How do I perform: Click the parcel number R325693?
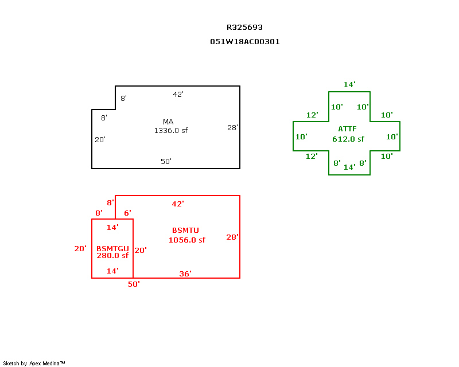[245, 27]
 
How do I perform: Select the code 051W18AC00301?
[245, 42]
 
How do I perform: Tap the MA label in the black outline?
[168, 122]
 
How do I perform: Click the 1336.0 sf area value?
[170, 130]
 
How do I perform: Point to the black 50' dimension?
[166, 161]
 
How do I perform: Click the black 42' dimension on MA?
[178, 94]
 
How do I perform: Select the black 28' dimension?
[232, 127]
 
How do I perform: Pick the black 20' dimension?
[100, 139]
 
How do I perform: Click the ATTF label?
[348, 128]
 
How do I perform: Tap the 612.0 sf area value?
[348, 139]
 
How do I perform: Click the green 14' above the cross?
[349, 84]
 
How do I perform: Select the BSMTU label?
[185, 230]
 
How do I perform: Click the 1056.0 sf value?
[186, 240]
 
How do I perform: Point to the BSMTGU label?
[112, 248]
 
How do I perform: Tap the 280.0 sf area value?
[112, 256]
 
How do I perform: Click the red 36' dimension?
[185, 274]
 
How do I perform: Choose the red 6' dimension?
[127, 213]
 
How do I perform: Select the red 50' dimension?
[134, 284]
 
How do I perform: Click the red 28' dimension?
[232, 236]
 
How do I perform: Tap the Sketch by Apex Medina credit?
[34, 363]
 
